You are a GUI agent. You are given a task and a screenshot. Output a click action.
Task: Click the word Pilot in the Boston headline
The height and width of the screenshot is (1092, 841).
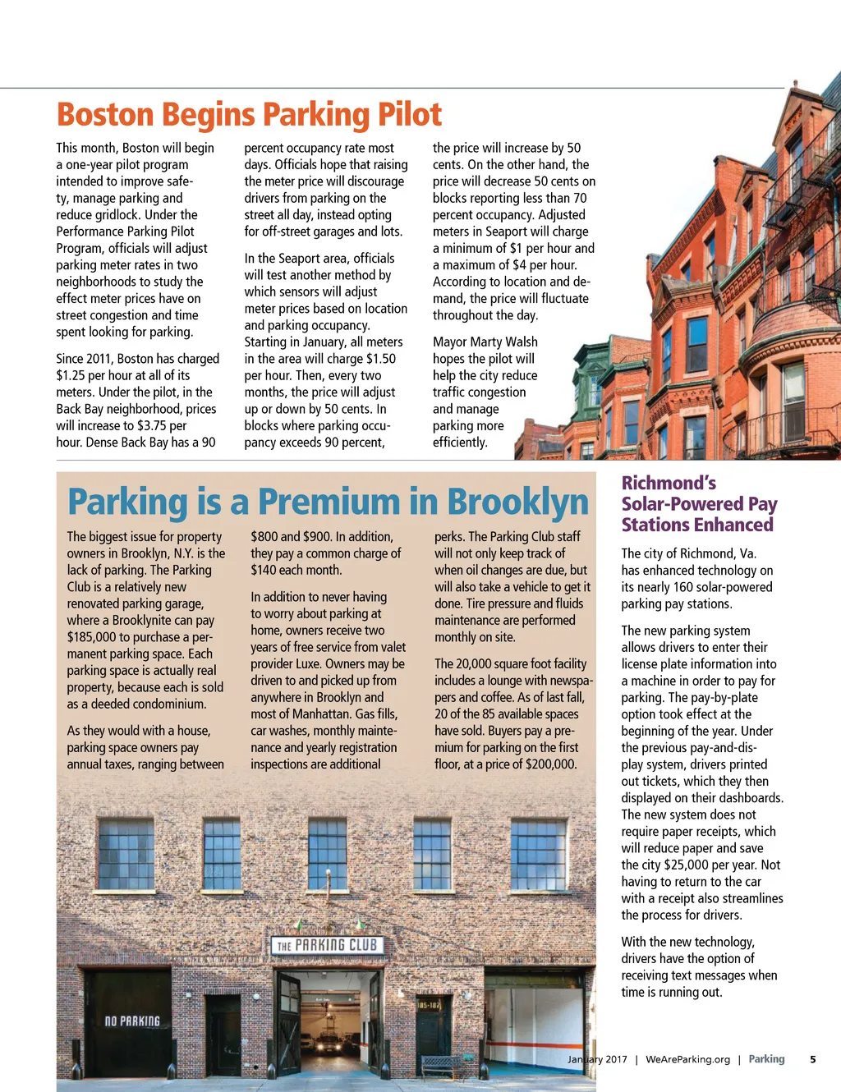[x=409, y=115]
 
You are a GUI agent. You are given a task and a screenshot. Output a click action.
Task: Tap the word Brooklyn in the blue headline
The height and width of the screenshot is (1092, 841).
[x=517, y=502]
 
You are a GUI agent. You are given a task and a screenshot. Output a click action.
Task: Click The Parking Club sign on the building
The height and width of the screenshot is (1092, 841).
[x=327, y=945]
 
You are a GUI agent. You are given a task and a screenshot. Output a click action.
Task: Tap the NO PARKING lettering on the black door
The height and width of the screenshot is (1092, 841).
[x=132, y=1021]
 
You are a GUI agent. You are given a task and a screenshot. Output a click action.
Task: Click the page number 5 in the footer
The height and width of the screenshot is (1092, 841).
[x=812, y=1059]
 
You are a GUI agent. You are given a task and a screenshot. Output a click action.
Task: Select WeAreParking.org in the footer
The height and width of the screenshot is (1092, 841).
[x=687, y=1059]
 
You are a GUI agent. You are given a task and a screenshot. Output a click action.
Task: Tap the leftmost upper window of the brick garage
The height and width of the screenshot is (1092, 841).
[x=126, y=854]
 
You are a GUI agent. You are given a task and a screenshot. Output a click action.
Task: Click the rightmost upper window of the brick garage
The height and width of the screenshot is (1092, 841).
[x=538, y=854]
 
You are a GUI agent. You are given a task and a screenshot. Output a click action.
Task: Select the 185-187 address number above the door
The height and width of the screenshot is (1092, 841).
[x=429, y=1005]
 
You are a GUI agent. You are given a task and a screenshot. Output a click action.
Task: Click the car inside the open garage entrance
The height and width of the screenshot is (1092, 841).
[x=329, y=1044]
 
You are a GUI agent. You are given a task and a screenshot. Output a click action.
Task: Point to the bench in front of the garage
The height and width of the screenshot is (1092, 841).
[x=442, y=1065]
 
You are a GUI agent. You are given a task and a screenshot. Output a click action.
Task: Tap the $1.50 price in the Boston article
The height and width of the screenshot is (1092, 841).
[x=380, y=359]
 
